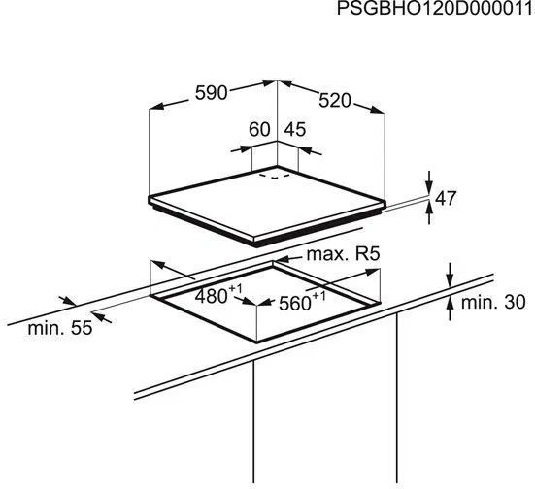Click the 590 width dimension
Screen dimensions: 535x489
(211, 93)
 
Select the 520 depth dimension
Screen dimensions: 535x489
(335, 101)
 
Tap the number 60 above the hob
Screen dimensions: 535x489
(259, 130)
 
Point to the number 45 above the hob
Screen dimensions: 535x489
(295, 130)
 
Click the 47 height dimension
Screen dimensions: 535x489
(446, 198)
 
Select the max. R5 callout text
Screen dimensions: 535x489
(344, 254)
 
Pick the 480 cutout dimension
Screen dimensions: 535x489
(212, 296)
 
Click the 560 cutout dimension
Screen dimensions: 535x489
(295, 303)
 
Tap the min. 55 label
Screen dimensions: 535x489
(60, 328)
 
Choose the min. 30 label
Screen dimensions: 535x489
(493, 302)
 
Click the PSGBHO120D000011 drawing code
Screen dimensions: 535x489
(436, 8)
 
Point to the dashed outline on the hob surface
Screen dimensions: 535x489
(275, 176)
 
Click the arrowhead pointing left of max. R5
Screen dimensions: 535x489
(282, 261)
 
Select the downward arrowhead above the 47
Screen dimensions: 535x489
(429, 188)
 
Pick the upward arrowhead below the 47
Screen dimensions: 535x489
(429, 208)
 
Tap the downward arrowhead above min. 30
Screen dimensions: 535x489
(451, 280)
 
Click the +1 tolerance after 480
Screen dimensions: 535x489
(235, 289)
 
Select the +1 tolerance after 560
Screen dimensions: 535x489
(318, 295)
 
